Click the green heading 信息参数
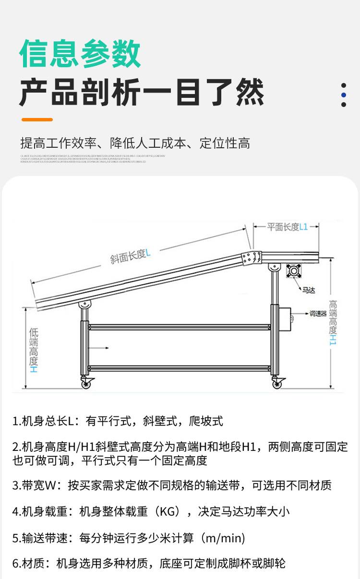(80, 54)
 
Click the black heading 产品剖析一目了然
(142, 93)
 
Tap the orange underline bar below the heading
(37, 119)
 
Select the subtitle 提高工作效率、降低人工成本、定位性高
(135, 143)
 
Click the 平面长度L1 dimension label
(287, 227)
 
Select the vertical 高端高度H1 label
(333, 322)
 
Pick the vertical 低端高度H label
(34, 350)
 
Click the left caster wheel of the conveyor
(86, 383)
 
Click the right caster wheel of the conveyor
(277, 383)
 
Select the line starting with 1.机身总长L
(118, 421)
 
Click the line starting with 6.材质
(149, 563)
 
